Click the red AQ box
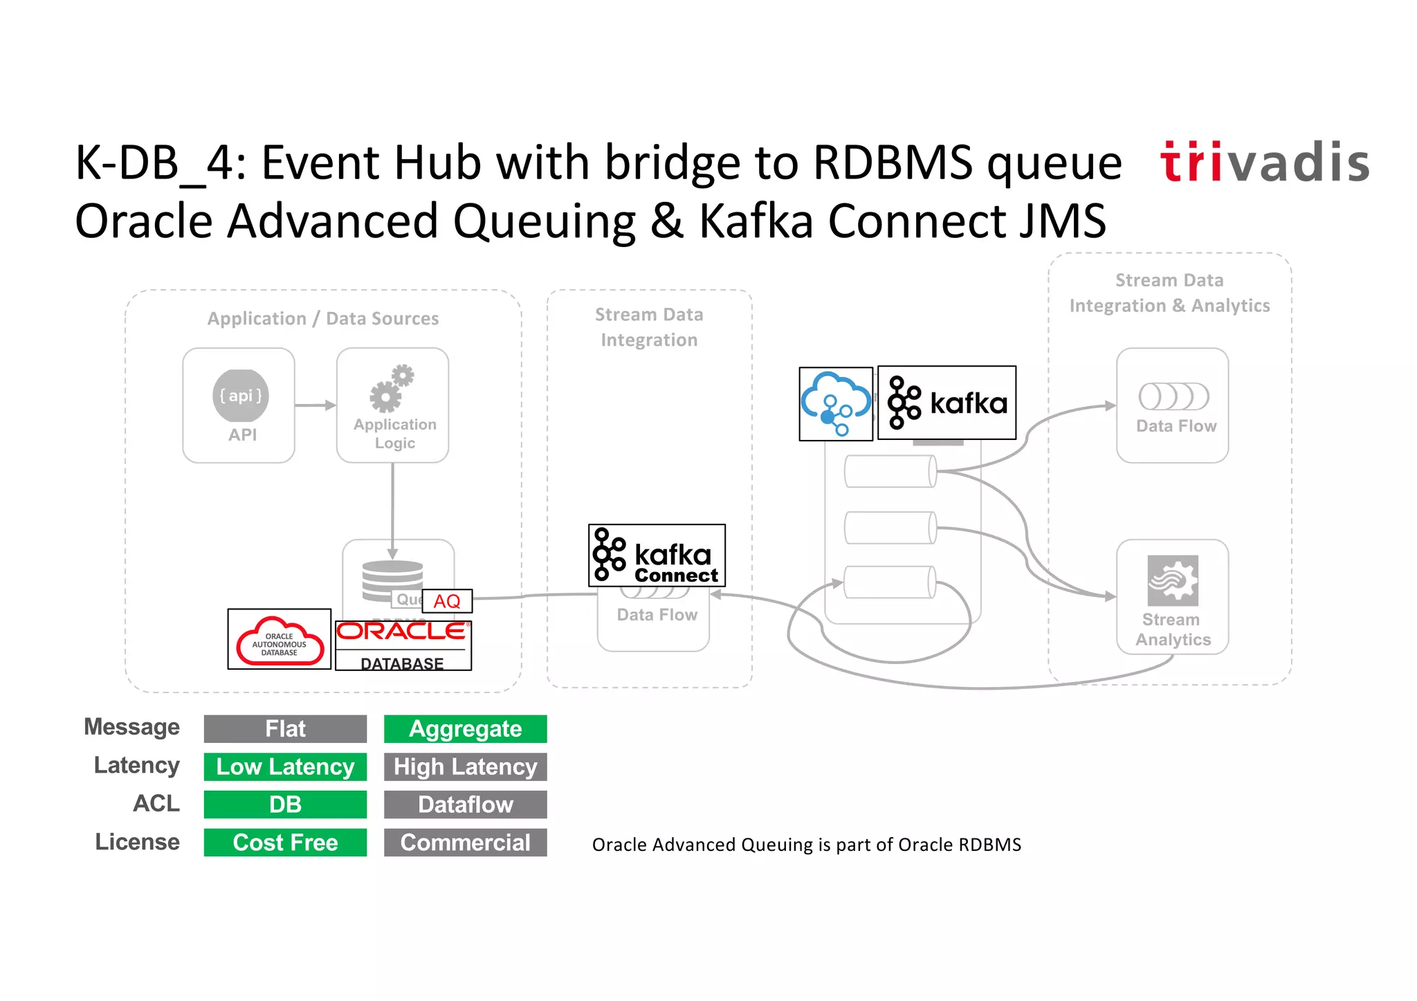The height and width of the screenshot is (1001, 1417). pos(447,600)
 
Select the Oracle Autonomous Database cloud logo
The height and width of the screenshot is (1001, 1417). pos(280,639)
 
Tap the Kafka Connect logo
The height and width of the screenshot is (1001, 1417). pos(657,555)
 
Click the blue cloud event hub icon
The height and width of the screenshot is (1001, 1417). pos(836,404)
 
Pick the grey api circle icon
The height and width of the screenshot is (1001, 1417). pos(240,396)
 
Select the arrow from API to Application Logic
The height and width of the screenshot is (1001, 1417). pos(315,405)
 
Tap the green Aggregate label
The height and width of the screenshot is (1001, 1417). pos(465,728)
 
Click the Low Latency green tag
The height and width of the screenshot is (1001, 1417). pos(285,766)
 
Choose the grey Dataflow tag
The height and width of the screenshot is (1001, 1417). pos(465,805)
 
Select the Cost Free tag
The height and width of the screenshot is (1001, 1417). pos(285,843)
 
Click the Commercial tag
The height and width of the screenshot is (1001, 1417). pos(465,843)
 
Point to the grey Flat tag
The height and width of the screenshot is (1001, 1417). pos(285,728)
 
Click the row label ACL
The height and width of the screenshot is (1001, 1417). pos(156,804)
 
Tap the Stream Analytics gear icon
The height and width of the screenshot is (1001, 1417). pos(1173,580)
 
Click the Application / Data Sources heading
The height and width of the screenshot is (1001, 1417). pos(323,319)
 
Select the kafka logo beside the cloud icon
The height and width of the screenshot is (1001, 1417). pos(947,403)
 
